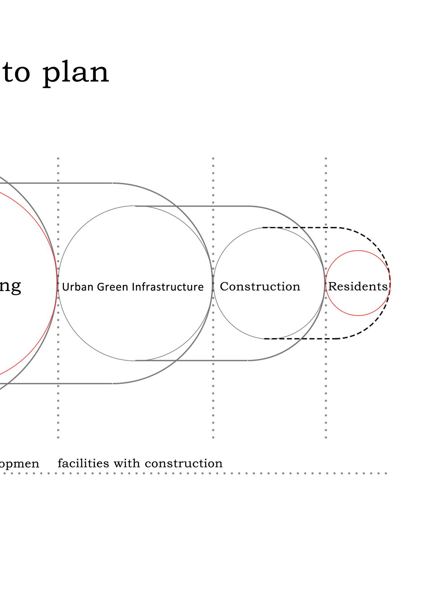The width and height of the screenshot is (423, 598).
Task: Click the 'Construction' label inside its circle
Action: coord(260,286)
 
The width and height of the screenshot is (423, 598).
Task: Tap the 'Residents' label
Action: coord(358,286)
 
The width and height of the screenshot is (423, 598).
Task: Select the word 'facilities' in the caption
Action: coord(83,463)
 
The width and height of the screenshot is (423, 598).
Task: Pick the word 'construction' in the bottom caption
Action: coord(184,464)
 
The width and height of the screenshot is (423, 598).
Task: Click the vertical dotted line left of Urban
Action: coord(58,416)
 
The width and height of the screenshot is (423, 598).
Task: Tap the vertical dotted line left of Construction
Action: coord(213,416)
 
